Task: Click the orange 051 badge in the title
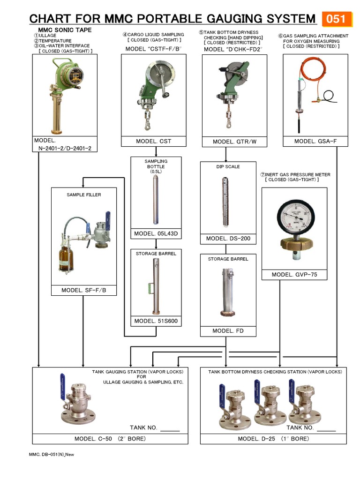pos(336,19)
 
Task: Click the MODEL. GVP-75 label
pos(294,275)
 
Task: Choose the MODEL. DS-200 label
pos(228,239)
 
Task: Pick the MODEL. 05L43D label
pos(156,234)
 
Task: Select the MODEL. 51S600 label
pos(156,321)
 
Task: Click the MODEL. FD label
pos(228,331)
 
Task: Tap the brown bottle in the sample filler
pos(66,260)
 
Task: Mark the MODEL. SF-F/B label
pos(84,291)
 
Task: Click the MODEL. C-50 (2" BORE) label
pos(110,439)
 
